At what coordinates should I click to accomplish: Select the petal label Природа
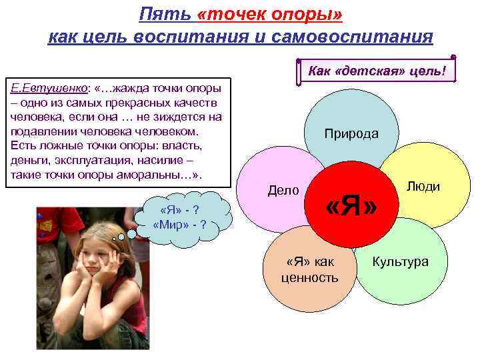[x=351, y=133]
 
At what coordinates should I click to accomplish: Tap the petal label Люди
[x=423, y=187]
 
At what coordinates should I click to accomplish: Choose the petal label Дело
[x=283, y=190]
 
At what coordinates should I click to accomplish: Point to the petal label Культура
[x=400, y=261]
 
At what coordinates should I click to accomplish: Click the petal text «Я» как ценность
[x=310, y=269]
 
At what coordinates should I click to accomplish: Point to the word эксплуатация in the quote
[x=87, y=160]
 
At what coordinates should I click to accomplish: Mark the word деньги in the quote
[x=29, y=160]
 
